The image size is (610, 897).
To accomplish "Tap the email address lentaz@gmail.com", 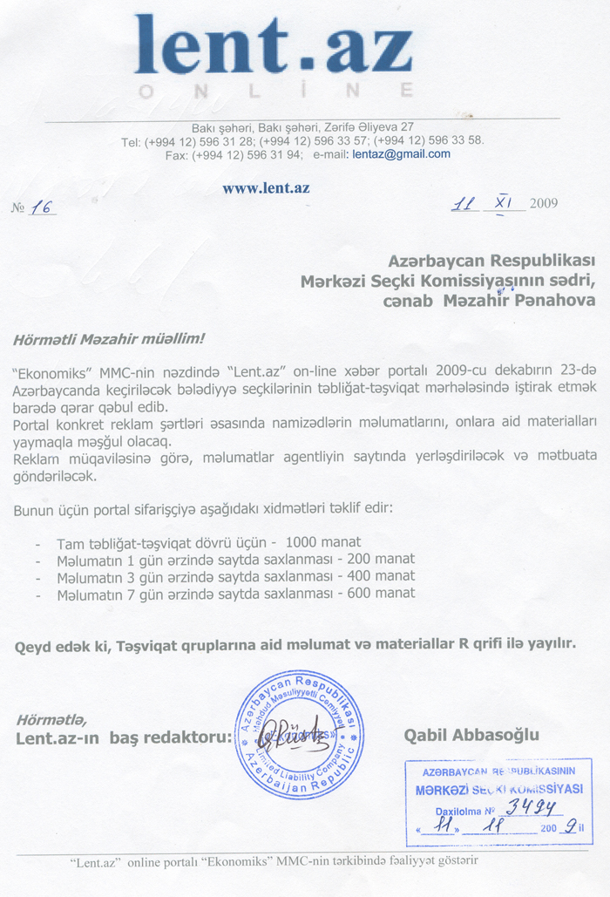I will (401, 154).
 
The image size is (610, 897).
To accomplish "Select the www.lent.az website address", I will (266, 187).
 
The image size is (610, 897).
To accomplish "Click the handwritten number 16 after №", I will (42, 207).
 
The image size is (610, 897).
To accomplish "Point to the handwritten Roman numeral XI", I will (503, 203).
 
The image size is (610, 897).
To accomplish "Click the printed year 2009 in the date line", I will (541, 204).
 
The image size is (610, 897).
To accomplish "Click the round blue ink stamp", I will (299, 735).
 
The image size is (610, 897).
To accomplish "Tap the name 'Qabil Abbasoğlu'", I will (471, 735).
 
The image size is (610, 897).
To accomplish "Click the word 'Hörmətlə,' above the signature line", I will (51, 719).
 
